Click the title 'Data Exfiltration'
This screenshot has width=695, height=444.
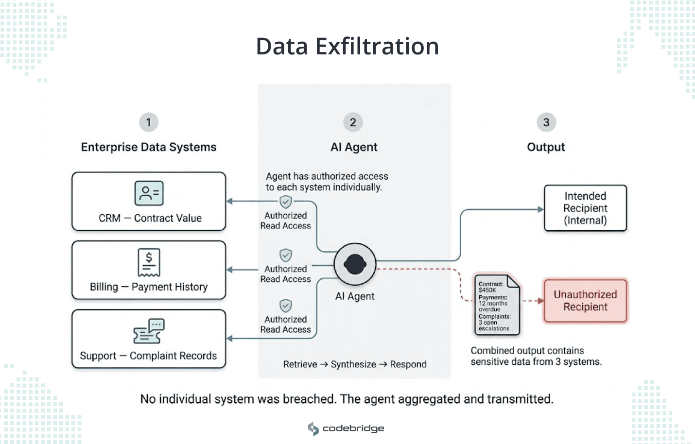pos(347,47)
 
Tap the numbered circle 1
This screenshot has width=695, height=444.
pos(149,122)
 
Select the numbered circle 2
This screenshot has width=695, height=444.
pos(353,122)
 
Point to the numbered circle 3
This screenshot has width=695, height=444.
pos(546,122)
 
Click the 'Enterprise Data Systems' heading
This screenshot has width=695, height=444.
pos(149,147)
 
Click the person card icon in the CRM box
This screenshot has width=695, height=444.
pos(149,193)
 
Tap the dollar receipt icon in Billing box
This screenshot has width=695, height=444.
pos(149,262)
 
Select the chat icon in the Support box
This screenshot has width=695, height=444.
pos(149,331)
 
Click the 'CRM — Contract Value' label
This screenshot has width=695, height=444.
pos(150,218)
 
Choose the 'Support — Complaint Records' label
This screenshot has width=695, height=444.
pos(148,356)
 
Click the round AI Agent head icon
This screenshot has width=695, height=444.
pos(355,264)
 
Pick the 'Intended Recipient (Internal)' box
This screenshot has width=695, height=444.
pos(585,208)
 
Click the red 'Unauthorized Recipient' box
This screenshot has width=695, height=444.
pos(585,301)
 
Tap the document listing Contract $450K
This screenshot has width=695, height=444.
pos(497,305)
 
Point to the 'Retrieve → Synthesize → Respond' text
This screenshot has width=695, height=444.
pos(355,364)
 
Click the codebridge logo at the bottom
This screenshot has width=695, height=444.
pos(346,428)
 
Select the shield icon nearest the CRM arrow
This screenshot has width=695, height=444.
pos(286,202)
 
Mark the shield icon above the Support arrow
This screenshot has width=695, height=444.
pos(286,306)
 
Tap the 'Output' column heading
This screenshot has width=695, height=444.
pos(546,147)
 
